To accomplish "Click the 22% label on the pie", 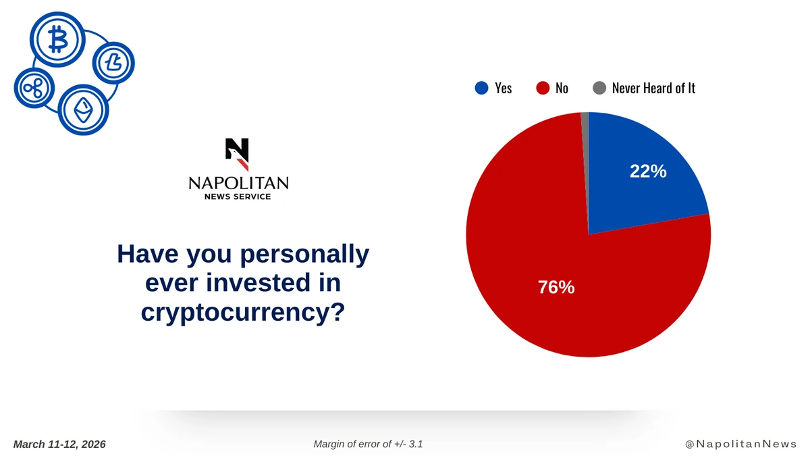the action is pyautogui.click(x=648, y=171).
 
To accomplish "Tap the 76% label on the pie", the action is pyautogui.click(x=556, y=287).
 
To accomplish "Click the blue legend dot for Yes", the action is pyautogui.click(x=481, y=88).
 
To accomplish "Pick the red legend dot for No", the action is pyautogui.click(x=543, y=88).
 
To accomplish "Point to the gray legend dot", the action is pyautogui.click(x=599, y=88).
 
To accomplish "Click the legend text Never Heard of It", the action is pyautogui.click(x=653, y=88).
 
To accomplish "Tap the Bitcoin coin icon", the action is pyautogui.click(x=57, y=39).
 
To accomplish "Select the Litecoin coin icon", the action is pyautogui.click(x=113, y=63).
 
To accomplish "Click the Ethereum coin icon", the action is pyautogui.click(x=83, y=110).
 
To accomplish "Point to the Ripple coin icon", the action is pyautogui.click(x=34, y=88).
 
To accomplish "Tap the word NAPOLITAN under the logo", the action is pyautogui.click(x=239, y=183).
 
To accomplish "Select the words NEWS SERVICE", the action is pyautogui.click(x=238, y=197).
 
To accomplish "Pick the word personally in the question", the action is pyautogui.click(x=305, y=254).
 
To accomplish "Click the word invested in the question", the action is pyautogui.click(x=258, y=282).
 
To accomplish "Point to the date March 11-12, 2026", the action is pyautogui.click(x=59, y=445).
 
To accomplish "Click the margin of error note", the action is pyautogui.click(x=368, y=444).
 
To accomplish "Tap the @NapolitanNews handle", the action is pyautogui.click(x=741, y=444).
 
